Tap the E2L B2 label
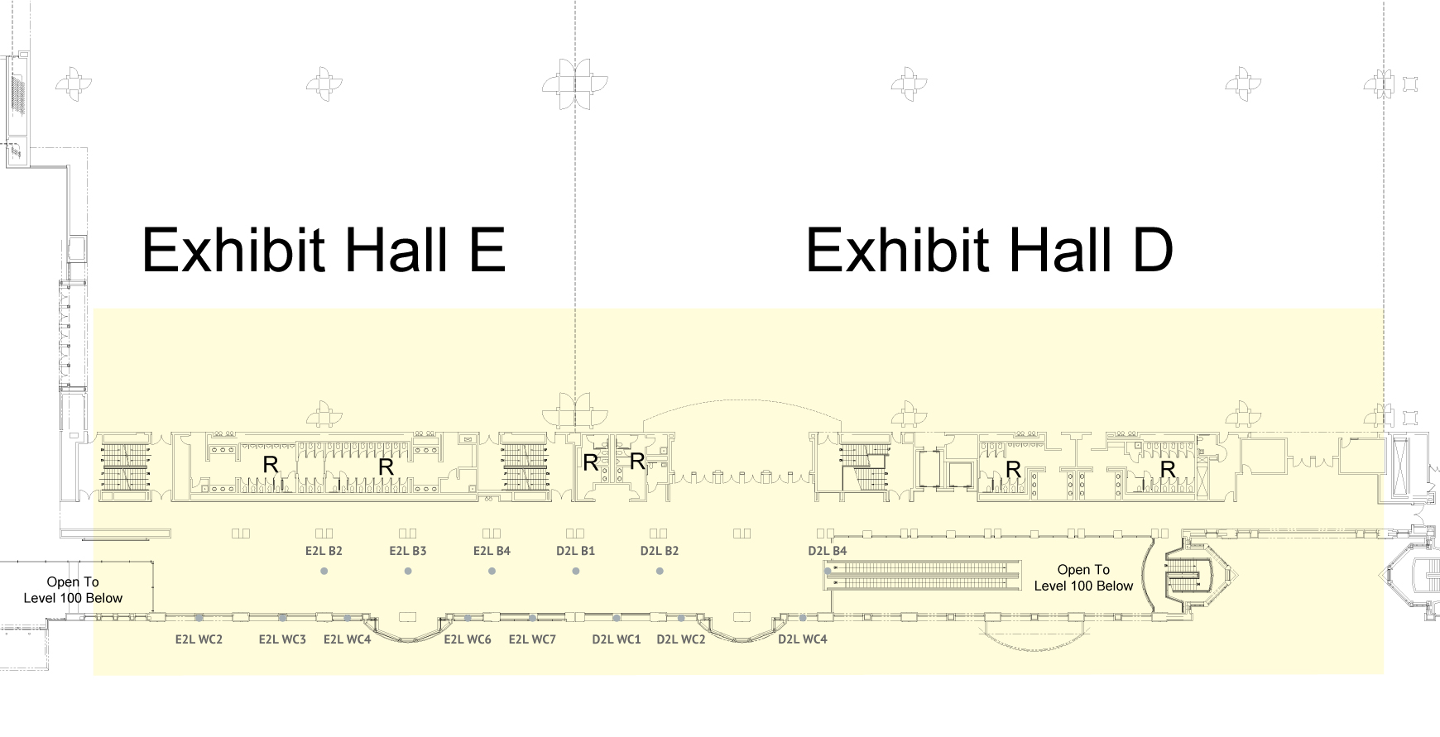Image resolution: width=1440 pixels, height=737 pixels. [324, 551]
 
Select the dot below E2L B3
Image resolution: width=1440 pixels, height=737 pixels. [408, 572]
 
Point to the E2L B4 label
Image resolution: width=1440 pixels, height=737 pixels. [492, 551]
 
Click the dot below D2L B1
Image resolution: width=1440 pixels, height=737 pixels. [576, 572]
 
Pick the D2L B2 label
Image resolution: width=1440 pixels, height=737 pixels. [660, 551]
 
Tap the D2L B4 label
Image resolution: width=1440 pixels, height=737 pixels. [828, 551]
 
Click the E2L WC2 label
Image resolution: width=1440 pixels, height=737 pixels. [199, 639]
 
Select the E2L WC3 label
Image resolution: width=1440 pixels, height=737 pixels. [282, 639]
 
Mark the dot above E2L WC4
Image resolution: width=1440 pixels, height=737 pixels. [348, 618]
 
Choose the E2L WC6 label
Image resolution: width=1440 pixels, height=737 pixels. [468, 639]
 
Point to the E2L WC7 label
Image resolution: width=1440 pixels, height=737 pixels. [532, 639]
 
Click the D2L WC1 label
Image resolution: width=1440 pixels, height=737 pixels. [617, 639]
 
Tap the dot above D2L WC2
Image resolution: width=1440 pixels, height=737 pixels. [681, 618]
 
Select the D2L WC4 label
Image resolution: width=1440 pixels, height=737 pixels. [803, 639]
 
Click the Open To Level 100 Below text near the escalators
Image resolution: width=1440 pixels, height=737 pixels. [1083, 577]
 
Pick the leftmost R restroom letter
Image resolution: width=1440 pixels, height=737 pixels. [271, 465]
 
